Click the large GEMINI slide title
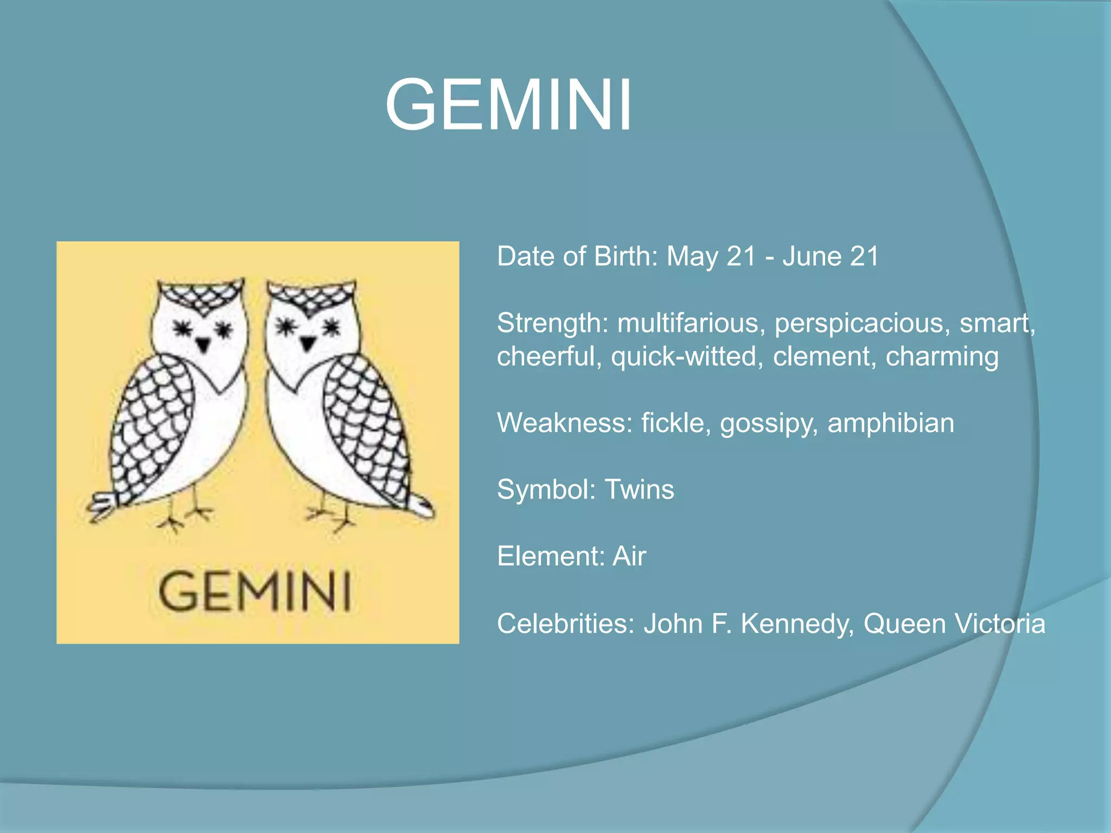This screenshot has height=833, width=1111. pos(508,104)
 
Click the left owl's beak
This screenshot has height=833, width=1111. pos(203,343)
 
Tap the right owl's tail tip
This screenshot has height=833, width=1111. pos(422,508)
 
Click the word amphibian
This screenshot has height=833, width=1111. pos(890,423)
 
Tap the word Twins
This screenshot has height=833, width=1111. pos(639,490)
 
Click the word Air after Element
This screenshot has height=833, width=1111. pos(629,556)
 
